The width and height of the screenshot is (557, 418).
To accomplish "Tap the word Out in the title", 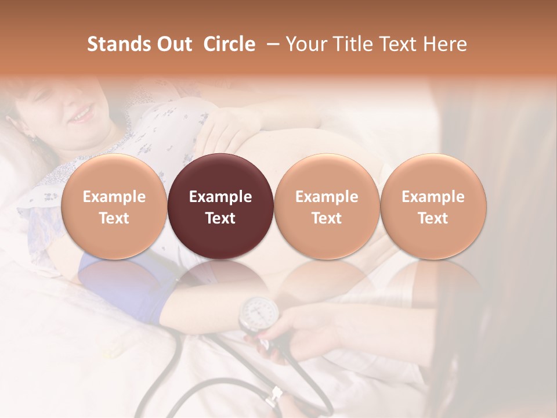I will (x=172, y=44).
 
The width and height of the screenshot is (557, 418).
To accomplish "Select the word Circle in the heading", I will (x=229, y=44).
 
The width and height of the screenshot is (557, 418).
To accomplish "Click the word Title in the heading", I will (x=354, y=44).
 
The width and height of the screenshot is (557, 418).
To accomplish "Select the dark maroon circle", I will (x=220, y=206).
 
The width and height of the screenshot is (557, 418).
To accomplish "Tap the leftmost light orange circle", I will (x=114, y=206).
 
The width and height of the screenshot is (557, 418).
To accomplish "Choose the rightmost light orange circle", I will (x=433, y=206).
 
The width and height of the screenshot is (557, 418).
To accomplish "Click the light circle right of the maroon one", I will (x=327, y=206).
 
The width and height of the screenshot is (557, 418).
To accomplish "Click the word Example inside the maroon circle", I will (x=220, y=197).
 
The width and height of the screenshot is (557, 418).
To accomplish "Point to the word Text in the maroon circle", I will (x=220, y=218).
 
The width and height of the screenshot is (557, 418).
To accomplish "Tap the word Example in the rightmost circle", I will (x=433, y=197).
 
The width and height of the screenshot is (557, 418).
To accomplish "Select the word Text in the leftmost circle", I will (x=114, y=218).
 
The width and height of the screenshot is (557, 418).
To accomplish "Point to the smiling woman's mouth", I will (x=82, y=114).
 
